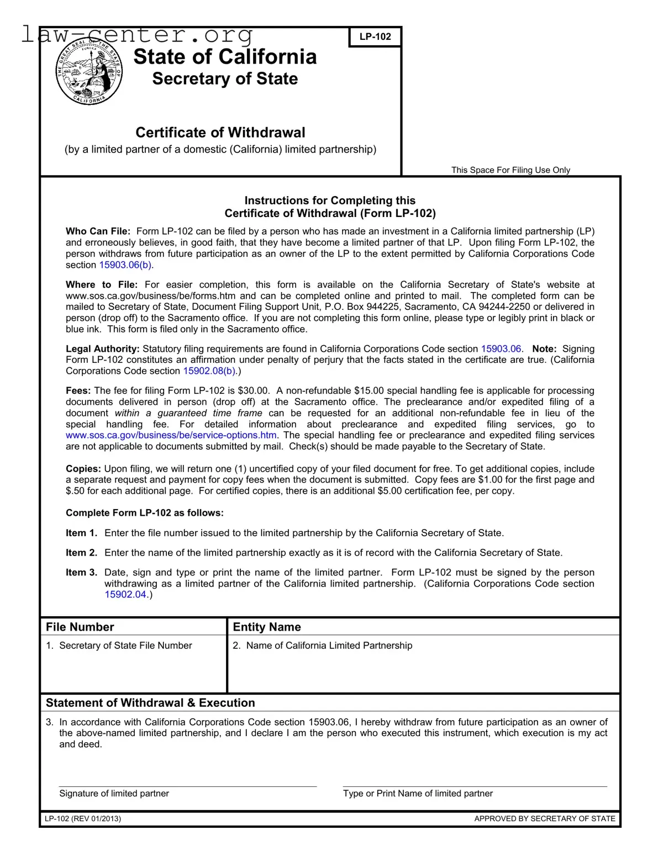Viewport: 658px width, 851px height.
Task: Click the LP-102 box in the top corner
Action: [375, 37]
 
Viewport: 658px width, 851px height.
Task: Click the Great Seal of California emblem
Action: [88, 72]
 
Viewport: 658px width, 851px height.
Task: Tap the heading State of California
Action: [225, 57]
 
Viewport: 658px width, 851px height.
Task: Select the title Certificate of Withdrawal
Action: [220, 133]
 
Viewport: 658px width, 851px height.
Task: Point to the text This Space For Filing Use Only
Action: [510, 170]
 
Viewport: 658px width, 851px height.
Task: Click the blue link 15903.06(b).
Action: [126, 265]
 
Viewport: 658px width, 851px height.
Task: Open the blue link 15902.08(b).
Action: [209, 371]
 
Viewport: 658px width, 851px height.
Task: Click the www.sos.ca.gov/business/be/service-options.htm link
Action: [171, 435]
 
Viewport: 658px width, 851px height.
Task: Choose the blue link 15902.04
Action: [125, 595]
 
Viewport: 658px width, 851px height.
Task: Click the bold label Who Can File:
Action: [98, 231]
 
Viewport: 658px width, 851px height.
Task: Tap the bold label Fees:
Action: [78, 390]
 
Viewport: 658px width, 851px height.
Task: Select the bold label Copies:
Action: [83, 468]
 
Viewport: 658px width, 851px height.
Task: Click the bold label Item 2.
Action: [81, 553]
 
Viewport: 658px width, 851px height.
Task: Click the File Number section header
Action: [80, 627]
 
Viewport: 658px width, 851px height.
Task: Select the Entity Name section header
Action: [267, 627]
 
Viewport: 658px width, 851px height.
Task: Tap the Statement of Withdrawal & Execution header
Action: [150, 703]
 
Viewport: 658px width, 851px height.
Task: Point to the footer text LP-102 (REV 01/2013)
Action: [83, 818]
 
